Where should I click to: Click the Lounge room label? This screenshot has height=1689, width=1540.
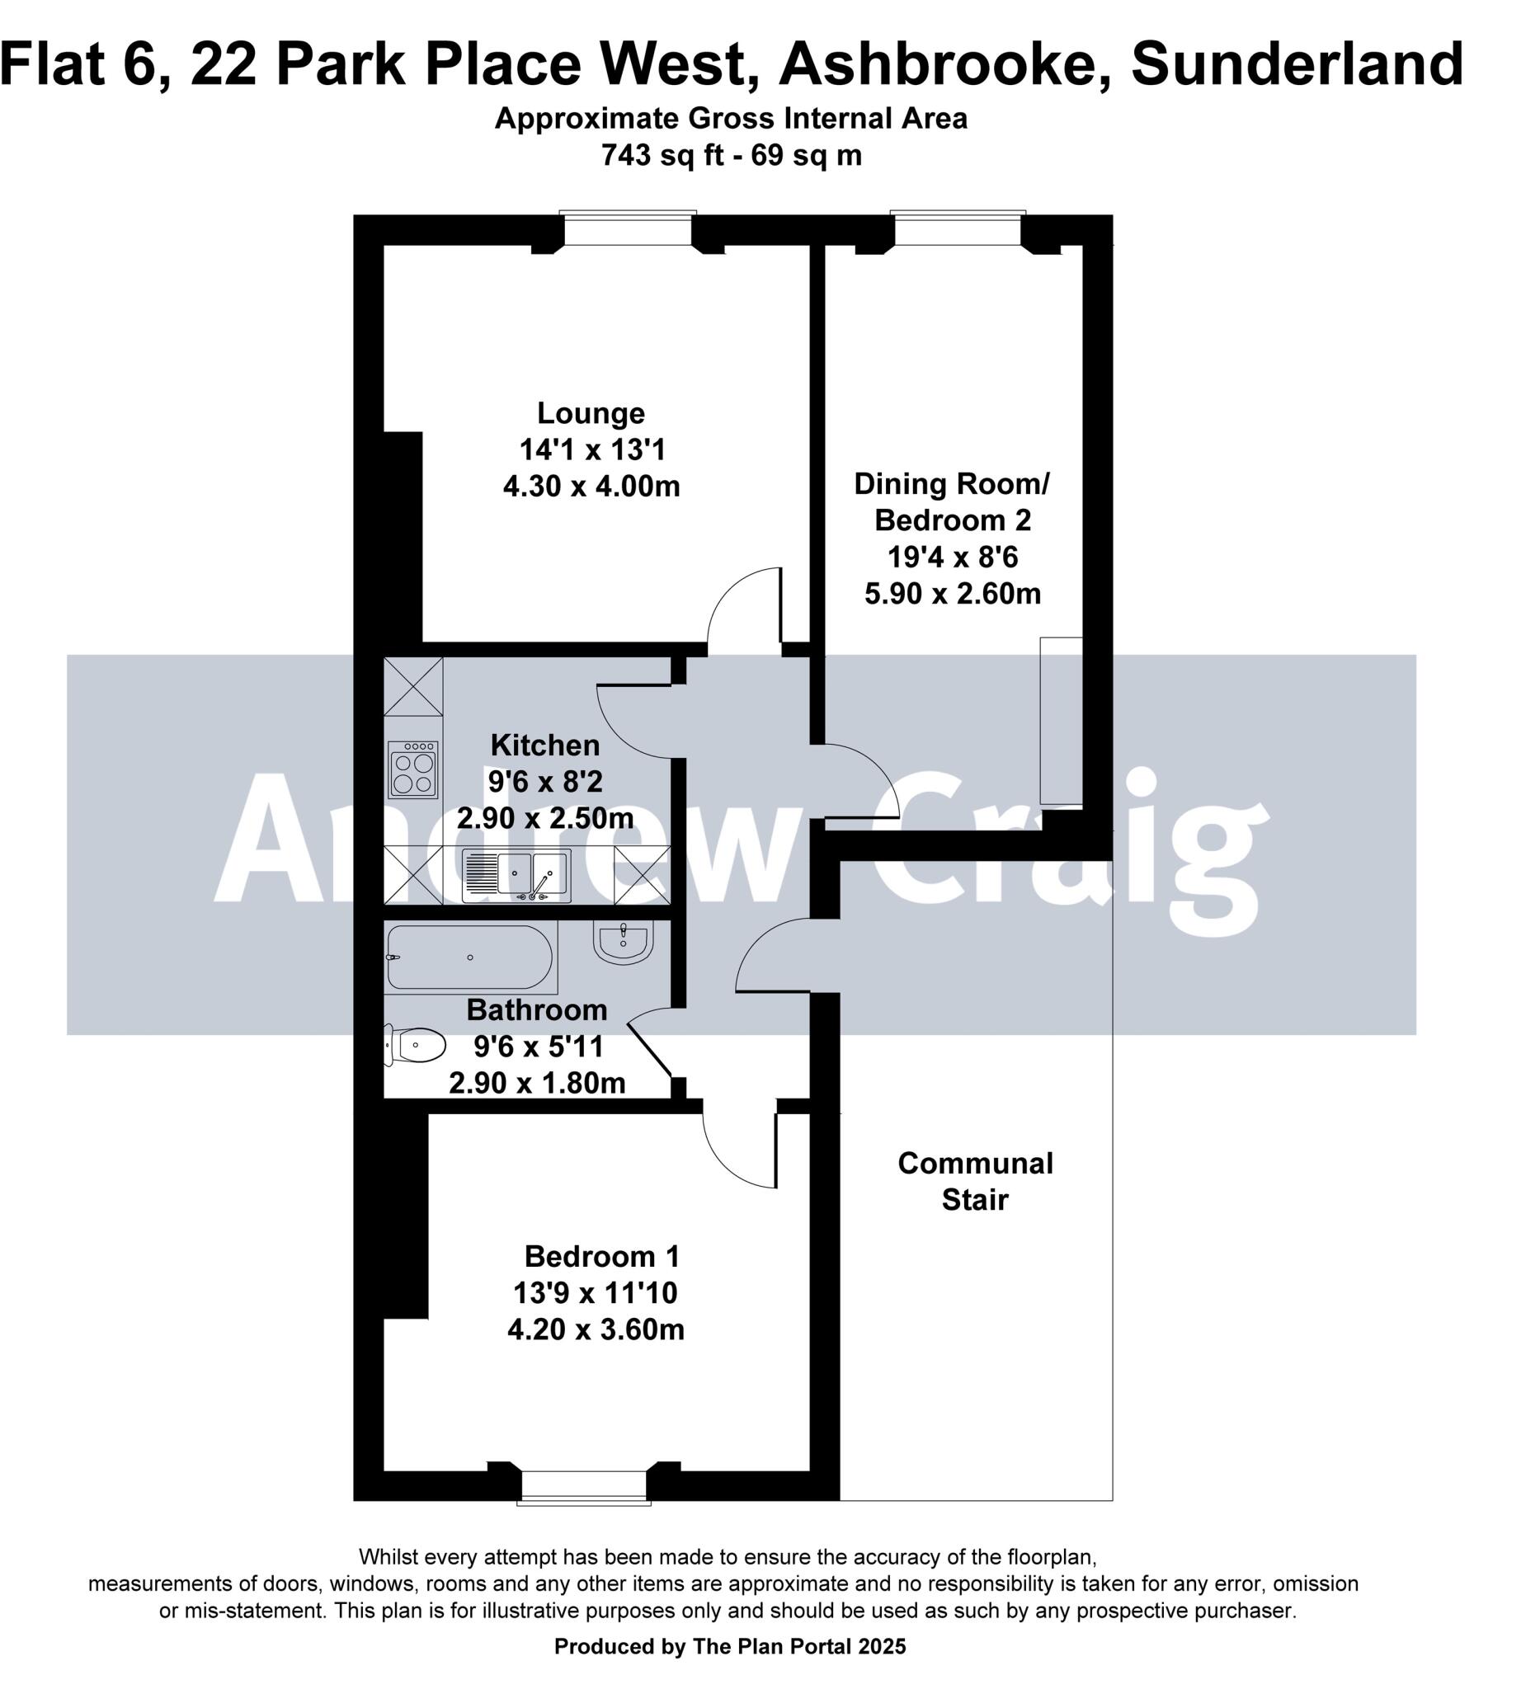point(591,414)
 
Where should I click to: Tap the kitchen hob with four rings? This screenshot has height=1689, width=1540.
point(413,769)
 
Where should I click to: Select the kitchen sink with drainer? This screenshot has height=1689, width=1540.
point(516,876)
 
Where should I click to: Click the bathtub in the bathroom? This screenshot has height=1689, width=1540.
point(470,957)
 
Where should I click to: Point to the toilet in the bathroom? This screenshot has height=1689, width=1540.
point(416,1046)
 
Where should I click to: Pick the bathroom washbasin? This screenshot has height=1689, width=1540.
point(624,942)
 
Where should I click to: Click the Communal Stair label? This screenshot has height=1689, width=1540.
point(974,1181)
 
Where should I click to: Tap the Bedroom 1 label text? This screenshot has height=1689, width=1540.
point(601,1256)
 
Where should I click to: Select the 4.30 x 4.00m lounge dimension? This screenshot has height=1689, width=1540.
point(591,486)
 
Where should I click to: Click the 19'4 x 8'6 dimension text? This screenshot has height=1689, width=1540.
point(953,557)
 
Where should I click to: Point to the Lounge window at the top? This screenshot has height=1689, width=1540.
point(629,228)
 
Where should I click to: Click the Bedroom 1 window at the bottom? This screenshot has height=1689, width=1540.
point(584,1486)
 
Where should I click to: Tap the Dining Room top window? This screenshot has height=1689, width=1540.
point(958,228)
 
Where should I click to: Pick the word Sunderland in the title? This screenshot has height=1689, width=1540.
point(1297,64)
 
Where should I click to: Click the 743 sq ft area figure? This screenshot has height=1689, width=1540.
point(662,156)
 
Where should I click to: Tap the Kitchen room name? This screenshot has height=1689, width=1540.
point(544,745)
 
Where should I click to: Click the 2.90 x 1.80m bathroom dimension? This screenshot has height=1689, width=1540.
point(537,1084)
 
